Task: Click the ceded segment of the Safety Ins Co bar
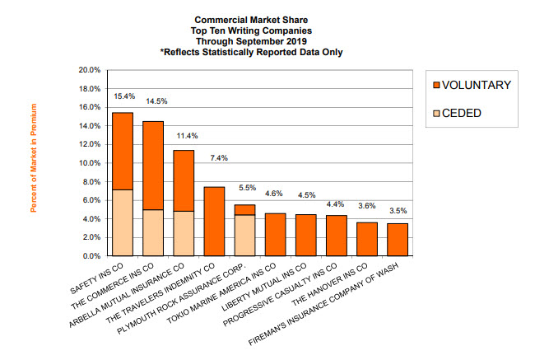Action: pos(123,222)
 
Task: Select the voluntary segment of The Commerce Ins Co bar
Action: pos(153,165)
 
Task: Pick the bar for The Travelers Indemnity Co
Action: pos(214,221)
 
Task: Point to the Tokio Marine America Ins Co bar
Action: pos(275,234)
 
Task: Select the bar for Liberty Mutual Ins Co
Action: pos(305,235)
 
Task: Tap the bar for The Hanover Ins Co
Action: pos(366,239)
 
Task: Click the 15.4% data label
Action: pos(123,97)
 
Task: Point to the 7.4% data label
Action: pos(214,157)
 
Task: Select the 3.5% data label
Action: pos(398,211)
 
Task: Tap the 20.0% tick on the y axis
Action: pos(89,70)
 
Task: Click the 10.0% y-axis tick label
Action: pos(89,163)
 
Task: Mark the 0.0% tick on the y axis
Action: pos(91,256)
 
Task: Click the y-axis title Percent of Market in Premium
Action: pos(34,157)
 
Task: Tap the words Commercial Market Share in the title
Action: pos(252,17)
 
